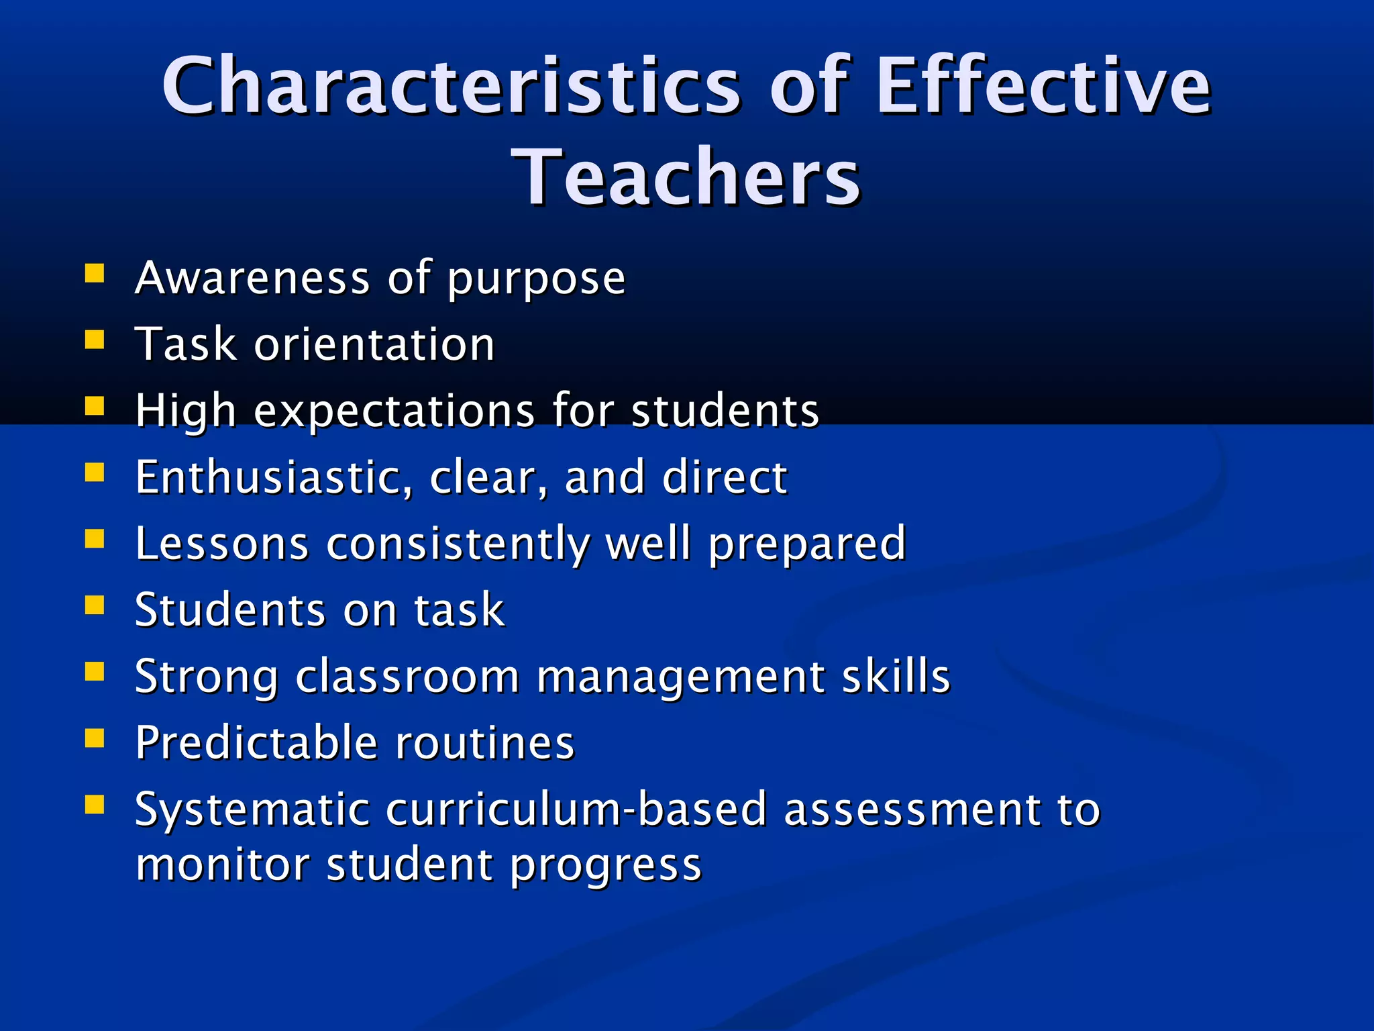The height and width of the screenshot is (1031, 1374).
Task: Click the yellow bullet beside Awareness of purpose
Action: [95, 274]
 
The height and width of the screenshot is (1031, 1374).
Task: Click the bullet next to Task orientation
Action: [95, 340]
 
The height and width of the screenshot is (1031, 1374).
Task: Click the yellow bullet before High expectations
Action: [95, 406]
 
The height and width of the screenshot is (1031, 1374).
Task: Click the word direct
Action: [725, 477]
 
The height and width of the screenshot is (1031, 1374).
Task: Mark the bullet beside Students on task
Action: [95, 605]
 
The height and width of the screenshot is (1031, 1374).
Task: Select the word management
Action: [680, 677]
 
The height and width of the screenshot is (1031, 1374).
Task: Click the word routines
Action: [484, 742]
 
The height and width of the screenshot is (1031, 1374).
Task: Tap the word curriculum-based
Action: [576, 809]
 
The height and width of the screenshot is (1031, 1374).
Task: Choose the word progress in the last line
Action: [606, 866]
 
